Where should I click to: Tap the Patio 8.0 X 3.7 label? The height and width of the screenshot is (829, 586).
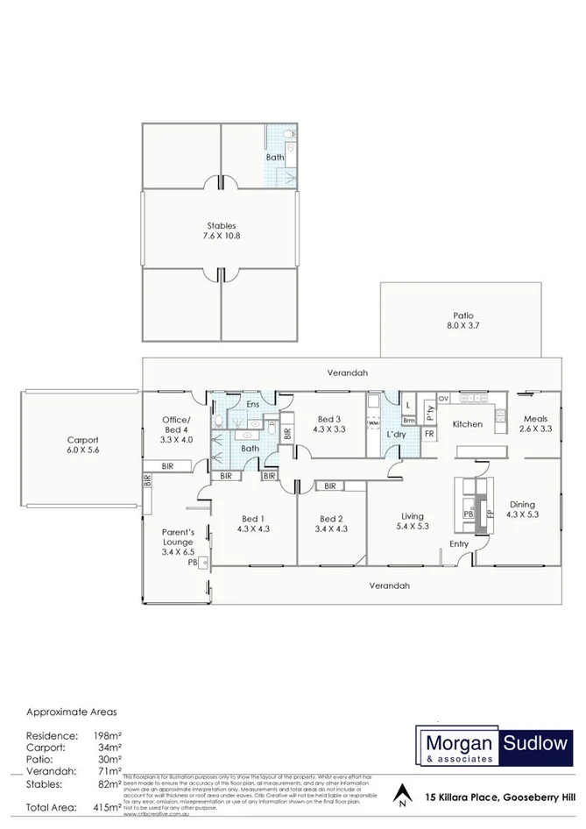tap(462, 321)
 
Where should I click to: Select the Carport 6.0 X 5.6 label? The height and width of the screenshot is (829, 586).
tap(83, 445)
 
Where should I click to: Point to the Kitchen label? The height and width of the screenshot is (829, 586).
tap(467, 424)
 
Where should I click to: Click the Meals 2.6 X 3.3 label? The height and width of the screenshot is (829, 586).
tap(535, 423)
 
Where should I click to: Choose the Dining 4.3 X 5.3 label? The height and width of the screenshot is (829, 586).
tap(522, 509)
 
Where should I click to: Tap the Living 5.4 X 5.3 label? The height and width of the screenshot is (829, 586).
tap(412, 521)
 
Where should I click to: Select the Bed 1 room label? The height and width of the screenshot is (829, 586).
tap(253, 523)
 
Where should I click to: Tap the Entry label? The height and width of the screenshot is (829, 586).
tap(459, 544)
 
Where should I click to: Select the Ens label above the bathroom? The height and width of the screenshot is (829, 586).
tap(252, 404)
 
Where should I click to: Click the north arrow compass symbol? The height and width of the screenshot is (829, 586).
tap(401, 794)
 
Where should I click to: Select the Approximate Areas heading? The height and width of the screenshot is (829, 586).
tap(71, 712)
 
